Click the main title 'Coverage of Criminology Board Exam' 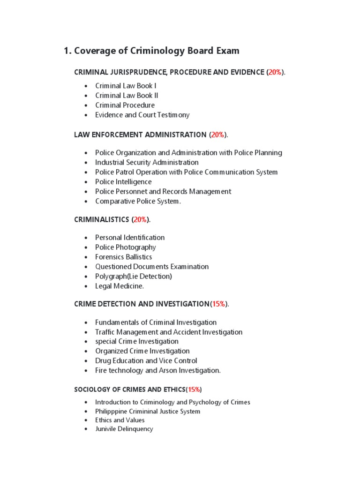pos(151,51)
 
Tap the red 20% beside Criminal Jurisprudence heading pos(275,72)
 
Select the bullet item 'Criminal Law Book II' pos(127,96)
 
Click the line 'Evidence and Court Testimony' pos(142,115)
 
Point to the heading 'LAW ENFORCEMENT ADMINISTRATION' pos(140,135)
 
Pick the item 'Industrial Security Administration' pos(147,163)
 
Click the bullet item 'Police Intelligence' pos(123,182)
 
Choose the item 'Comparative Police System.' pos(137,201)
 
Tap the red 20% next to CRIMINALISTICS pos(140,220)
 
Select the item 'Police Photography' pos(125,247)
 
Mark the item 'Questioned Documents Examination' pos(152,267)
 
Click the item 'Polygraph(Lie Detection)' pos(133,277)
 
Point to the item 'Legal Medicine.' pos(120,286)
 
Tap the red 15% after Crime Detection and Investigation pos(218,304)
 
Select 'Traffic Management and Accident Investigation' pos(169,332)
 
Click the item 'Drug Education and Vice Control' pos(146,361)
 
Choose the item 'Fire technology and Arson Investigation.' pos(157,370)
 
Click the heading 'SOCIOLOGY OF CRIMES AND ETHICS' pos(129,390)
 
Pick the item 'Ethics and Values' pos(120,420)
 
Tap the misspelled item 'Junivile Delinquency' pos(124,429)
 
